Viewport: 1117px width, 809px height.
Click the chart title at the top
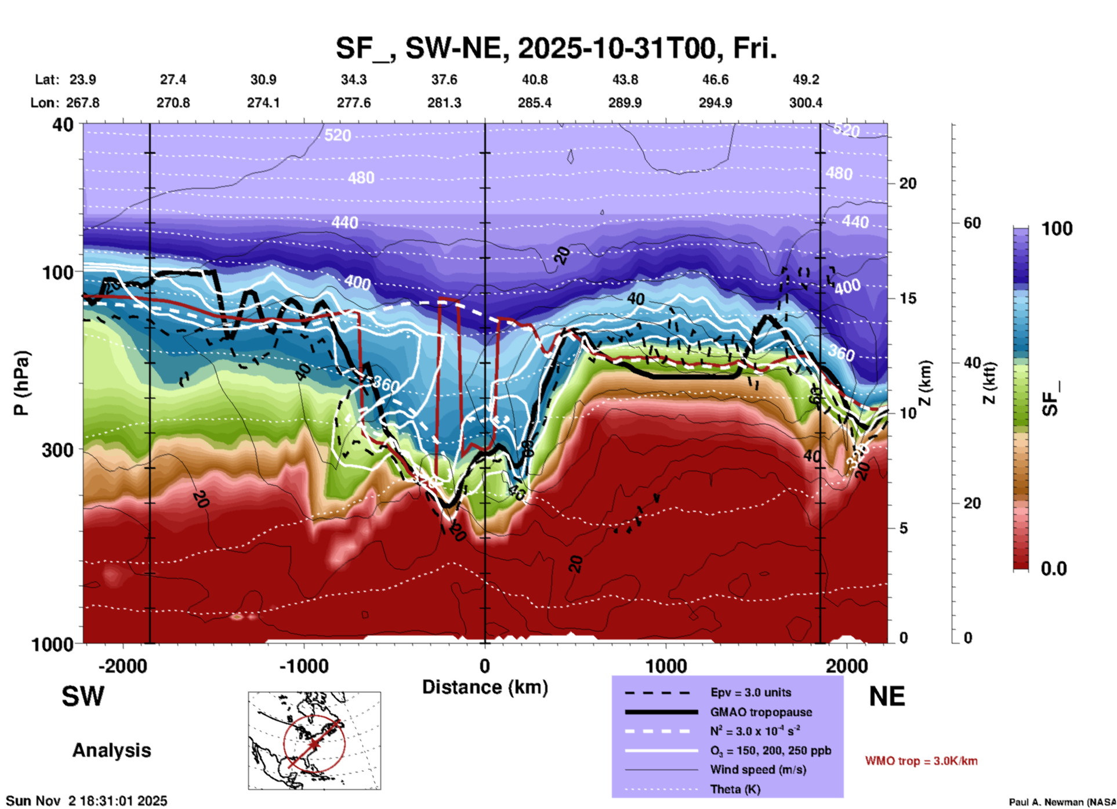click(x=556, y=49)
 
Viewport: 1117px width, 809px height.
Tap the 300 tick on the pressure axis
click(x=58, y=450)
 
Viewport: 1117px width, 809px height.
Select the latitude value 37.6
click(x=444, y=80)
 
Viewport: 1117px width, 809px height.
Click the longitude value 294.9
click(x=715, y=103)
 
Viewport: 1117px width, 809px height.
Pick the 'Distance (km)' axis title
click(x=485, y=687)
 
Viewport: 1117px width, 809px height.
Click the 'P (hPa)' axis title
click(x=21, y=383)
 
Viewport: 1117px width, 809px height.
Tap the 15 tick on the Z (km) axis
click(x=908, y=298)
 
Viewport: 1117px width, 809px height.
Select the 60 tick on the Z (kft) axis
click(x=972, y=223)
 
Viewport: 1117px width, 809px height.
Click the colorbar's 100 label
click(x=1057, y=229)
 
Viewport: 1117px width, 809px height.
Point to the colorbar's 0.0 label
click(x=1053, y=569)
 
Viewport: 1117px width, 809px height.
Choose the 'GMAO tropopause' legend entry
click(x=761, y=712)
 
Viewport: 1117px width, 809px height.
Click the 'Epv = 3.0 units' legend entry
click(x=750, y=692)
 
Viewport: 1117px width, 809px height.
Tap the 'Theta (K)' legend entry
click(x=735, y=789)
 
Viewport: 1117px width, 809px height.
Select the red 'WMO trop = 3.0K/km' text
click(x=921, y=761)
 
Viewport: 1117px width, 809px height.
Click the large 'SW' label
click(x=83, y=696)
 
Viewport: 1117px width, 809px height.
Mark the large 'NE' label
click(x=887, y=696)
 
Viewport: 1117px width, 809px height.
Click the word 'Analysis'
click(x=111, y=750)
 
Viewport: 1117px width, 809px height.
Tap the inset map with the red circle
click(x=314, y=741)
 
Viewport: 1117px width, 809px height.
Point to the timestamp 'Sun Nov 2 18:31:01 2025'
click(x=86, y=801)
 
